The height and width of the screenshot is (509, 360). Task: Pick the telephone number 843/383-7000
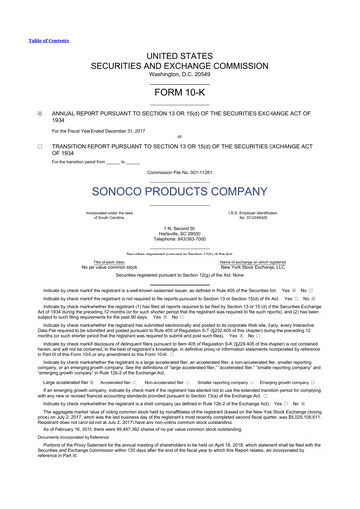tap(179, 238)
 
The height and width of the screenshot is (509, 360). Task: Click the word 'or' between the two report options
tap(179, 137)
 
